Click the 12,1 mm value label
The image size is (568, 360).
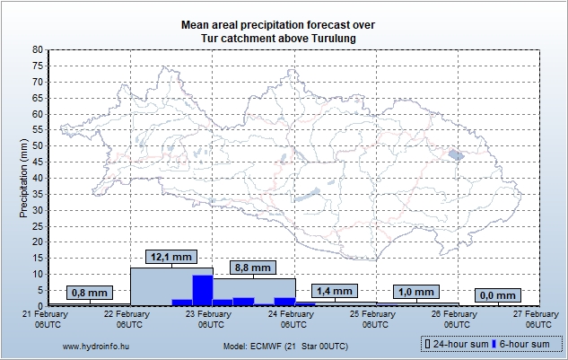[x=170, y=258]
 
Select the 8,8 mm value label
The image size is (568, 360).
[x=252, y=268]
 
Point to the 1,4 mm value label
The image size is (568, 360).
[x=335, y=291]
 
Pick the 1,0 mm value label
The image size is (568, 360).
[x=416, y=292]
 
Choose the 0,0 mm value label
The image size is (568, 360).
[x=497, y=295]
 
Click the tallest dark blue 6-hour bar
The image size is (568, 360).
[x=203, y=290]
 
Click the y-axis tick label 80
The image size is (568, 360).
[x=38, y=50]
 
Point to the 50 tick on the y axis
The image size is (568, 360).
[x=38, y=146]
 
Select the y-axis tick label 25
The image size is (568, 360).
[x=38, y=226]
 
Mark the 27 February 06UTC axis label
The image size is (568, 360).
[x=535, y=320]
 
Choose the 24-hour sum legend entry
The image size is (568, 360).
[x=458, y=345]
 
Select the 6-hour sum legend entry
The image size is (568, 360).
[x=524, y=345]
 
